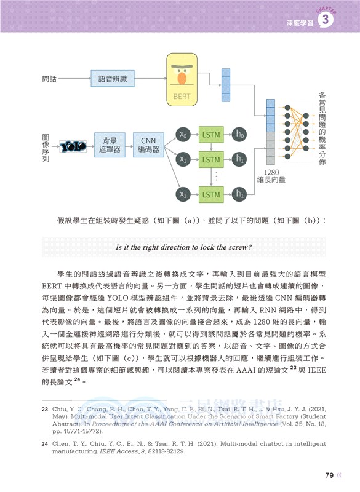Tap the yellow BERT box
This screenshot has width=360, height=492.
tap(182, 80)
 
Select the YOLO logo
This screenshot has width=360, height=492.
tap(72, 146)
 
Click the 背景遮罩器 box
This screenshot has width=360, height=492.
tap(110, 145)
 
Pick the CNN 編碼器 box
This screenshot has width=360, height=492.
tap(148, 145)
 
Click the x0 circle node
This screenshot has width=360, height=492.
tap(183, 134)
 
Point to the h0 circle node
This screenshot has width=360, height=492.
tap(239, 134)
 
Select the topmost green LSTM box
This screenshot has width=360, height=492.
tap(210, 134)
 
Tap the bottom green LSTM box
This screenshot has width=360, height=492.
tap(210, 194)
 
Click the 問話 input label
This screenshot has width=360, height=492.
tap(49, 79)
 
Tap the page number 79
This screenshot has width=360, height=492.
tap(329, 474)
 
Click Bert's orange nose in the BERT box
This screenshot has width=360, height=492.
tap(182, 79)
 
